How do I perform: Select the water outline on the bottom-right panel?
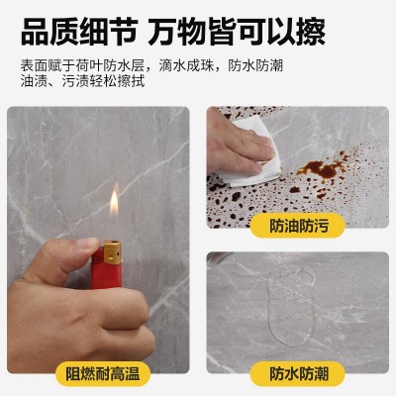(x=295, y=307)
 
